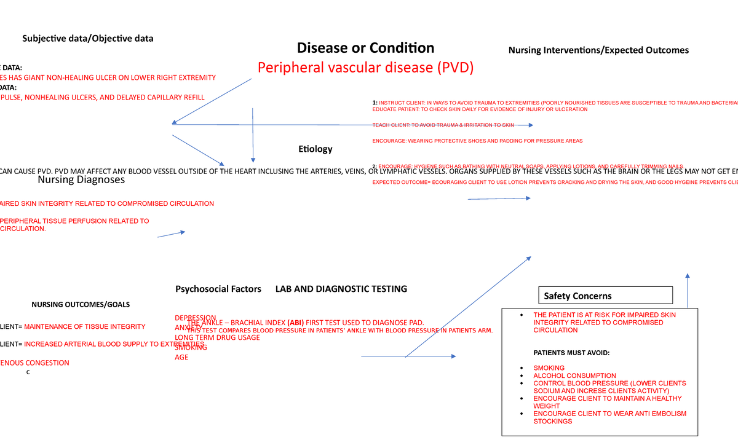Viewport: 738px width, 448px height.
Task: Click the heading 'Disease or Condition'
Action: [x=365, y=48]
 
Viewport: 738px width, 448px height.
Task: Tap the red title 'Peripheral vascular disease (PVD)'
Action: [x=365, y=68]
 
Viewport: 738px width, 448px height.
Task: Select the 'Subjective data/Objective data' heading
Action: [x=88, y=39]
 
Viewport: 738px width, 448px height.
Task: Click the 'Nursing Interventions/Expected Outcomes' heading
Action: [x=598, y=50]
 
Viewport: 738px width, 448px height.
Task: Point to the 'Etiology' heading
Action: [x=315, y=149]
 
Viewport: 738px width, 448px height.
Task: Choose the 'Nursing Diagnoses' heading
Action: [x=81, y=180]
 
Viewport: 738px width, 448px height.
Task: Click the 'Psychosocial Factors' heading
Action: [x=218, y=289]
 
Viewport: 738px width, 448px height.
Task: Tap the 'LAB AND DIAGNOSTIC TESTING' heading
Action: [x=341, y=289]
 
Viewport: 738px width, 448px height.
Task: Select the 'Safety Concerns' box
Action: [x=605, y=296]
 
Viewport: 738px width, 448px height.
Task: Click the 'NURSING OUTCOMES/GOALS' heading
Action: [x=81, y=305]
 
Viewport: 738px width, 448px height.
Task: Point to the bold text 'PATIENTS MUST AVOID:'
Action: [x=571, y=353]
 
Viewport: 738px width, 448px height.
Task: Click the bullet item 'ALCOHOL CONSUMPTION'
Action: [x=574, y=375]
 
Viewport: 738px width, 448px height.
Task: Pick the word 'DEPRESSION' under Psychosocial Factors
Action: [x=196, y=318]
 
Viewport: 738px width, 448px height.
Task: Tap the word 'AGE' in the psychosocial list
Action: [x=181, y=357]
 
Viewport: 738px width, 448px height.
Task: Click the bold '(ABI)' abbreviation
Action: [x=295, y=323]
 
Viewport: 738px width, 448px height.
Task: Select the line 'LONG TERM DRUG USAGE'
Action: [x=217, y=337]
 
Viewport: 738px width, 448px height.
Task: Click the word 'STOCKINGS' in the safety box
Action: [x=552, y=422]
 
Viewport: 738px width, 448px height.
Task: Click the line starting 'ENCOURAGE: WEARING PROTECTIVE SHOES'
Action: [x=477, y=141]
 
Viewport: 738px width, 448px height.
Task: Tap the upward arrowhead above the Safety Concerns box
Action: [x=688, y=276]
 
